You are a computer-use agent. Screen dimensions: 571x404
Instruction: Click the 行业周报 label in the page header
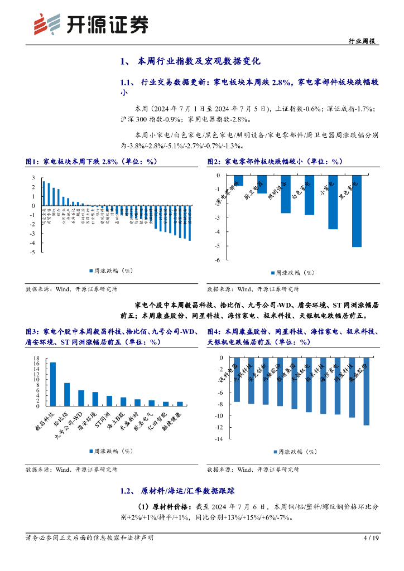click(x=360, y=41)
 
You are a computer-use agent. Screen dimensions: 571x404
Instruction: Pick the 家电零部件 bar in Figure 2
click(x=239, y=180)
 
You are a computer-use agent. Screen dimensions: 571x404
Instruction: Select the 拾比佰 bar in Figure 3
click(x=67, y=394)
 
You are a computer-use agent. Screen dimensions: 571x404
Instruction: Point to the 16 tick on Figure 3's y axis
click(x=36, y=364)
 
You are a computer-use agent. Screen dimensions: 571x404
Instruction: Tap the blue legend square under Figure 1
click(x=90, y=271)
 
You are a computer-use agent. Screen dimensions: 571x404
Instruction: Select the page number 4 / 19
click(x=371, y=538)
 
